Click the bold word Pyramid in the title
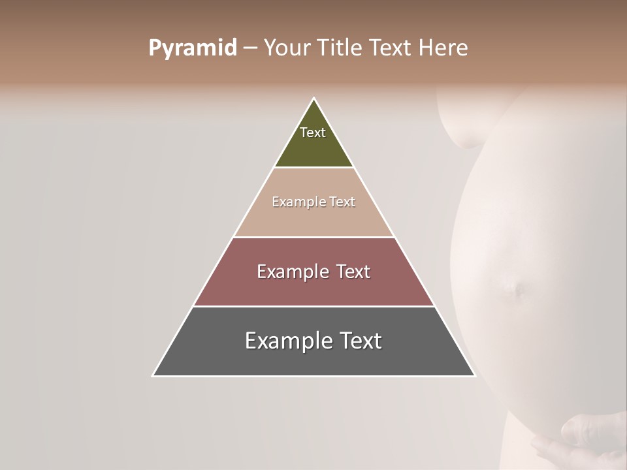193,48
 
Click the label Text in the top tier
313,133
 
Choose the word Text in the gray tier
358,341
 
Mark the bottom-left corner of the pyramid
153,375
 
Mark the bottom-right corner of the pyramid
474,375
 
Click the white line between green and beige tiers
313,168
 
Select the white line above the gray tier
313,306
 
